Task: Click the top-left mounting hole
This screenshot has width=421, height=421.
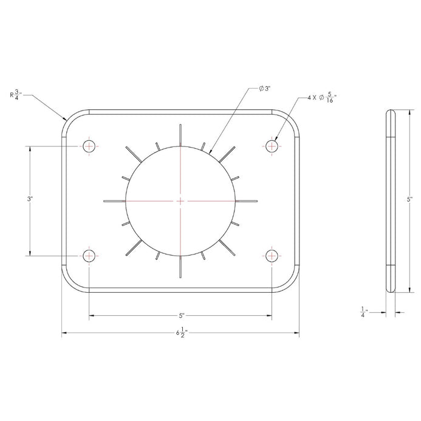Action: [89, 146]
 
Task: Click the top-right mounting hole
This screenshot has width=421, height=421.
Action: [272, 146]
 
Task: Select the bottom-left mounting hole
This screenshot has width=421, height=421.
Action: [89, 256]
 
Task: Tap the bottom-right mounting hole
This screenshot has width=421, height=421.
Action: [272, 256]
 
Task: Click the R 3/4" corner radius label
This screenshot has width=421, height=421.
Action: [16, 95]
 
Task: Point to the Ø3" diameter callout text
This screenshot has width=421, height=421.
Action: [265, 89]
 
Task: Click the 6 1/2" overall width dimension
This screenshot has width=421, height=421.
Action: [182, 333]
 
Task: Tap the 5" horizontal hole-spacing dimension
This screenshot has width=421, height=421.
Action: [182, 315]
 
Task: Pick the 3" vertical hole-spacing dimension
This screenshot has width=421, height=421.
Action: [30, 199]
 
